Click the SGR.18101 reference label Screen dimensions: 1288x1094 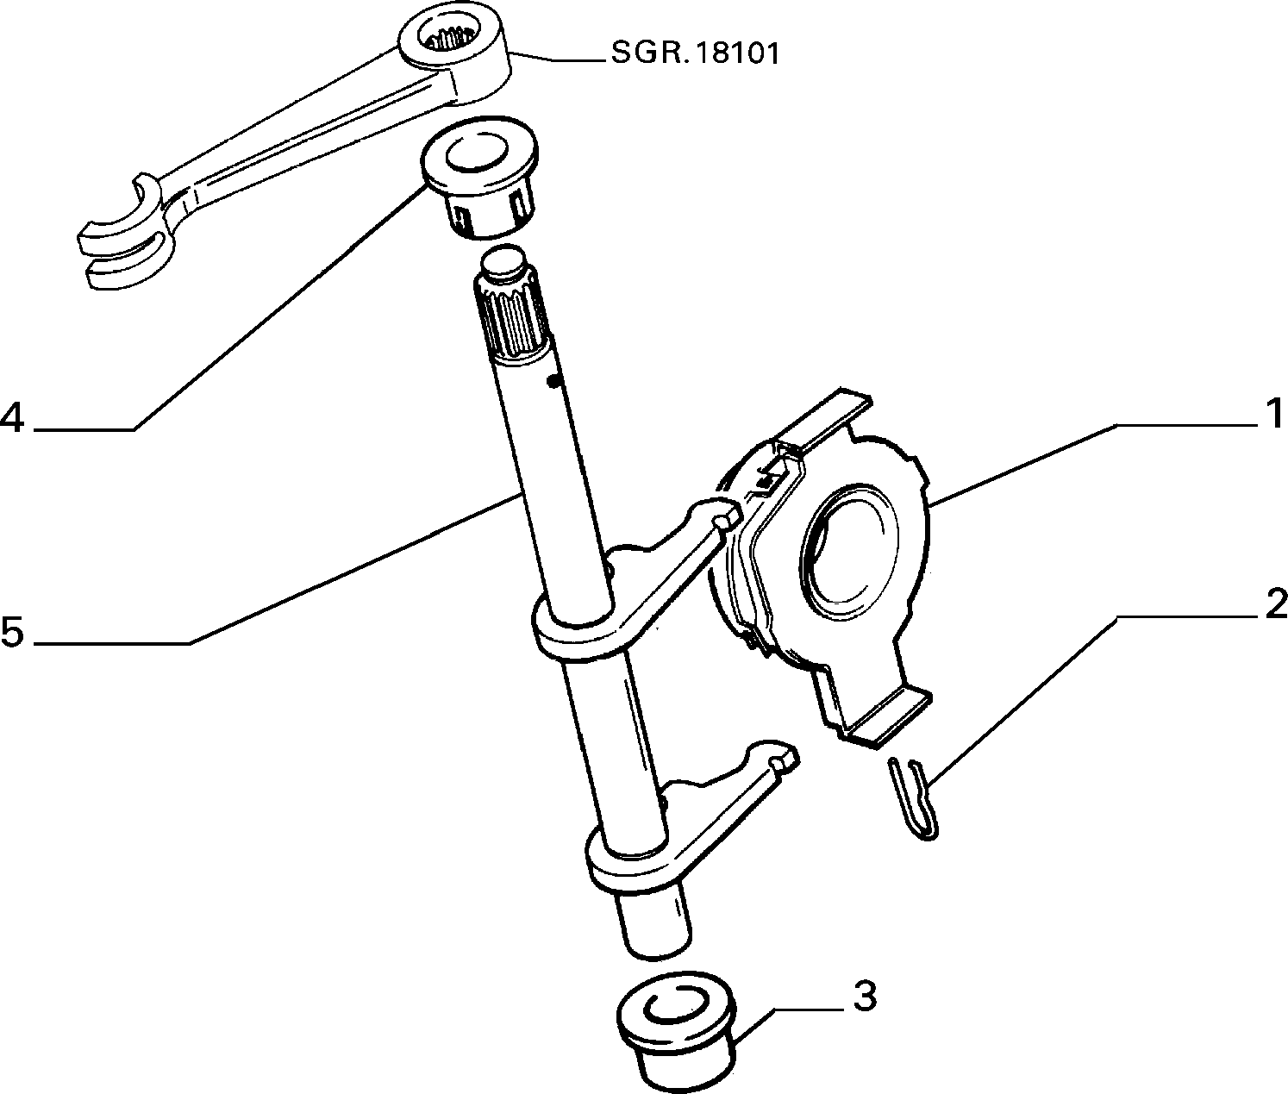[694, 53]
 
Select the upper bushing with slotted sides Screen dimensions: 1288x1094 [478, 176]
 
